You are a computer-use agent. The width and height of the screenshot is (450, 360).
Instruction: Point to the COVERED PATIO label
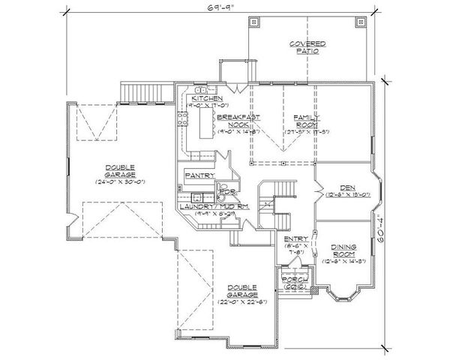[307, 48]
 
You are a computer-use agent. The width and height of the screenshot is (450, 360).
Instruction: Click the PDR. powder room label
[223, 192]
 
